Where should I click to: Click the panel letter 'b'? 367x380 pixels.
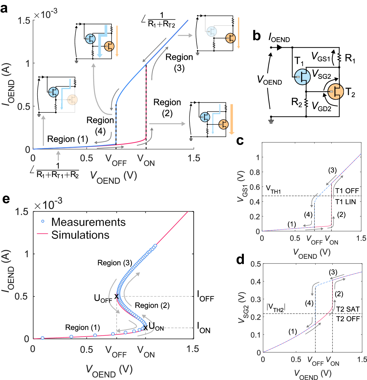(256, 36)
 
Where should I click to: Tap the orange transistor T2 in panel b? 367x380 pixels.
(336, 92)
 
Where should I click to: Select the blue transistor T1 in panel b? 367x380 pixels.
(302, 77)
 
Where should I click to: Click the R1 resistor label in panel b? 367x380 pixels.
(350, 58)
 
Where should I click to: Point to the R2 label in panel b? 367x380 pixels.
(297, 102)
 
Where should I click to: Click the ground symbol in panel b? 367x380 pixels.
(271, 120)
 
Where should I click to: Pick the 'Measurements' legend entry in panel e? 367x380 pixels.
(88, 222)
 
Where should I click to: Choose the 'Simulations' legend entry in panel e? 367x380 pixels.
(80, 235)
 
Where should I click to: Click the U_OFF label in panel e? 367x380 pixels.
(103, 298)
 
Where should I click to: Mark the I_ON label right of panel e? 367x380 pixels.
(204, 328)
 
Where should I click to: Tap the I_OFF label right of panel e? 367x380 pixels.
(205, 296)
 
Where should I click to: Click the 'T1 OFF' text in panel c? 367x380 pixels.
(347, 191)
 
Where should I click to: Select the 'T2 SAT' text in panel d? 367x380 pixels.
(348, 309)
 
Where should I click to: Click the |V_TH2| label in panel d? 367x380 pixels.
(276, 307)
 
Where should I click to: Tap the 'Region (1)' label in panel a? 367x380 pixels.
(68, 139)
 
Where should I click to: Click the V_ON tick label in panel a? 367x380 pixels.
(146, 160)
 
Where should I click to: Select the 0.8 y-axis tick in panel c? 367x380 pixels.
(254, 172)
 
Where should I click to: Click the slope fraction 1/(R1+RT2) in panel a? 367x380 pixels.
(161, 20)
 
